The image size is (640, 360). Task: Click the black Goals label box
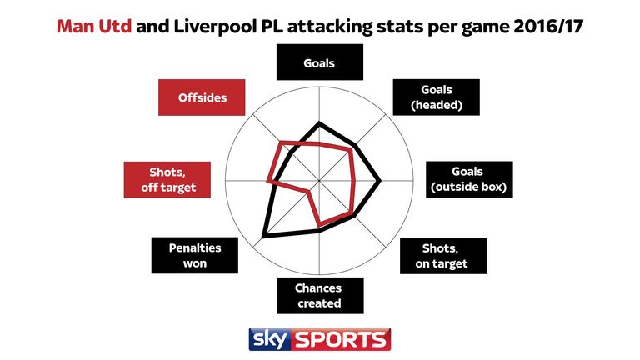(320, 62)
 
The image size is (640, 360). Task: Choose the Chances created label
(320, 295)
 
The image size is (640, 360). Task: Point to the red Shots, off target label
(166, 179)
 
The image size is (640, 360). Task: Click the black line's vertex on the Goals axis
(320, 123)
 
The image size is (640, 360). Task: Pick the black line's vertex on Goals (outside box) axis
(381, 179)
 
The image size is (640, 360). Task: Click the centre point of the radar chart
(320, 179)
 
